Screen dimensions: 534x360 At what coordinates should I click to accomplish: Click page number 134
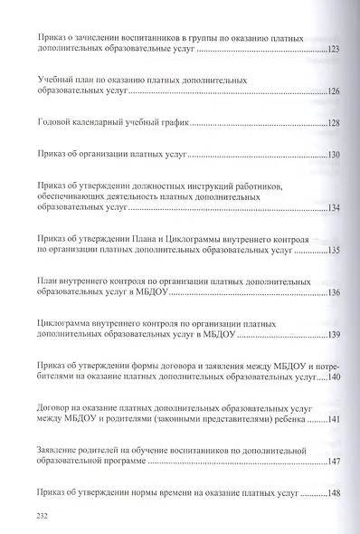click(x=332, y=209)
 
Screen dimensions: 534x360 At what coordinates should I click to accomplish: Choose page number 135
click(x=332, y=250)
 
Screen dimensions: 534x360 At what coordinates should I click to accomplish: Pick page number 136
click(x=332, y=293)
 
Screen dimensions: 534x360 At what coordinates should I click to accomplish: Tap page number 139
click(x=332, y=336)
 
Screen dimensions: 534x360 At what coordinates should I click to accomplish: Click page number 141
click(x=332, y=420)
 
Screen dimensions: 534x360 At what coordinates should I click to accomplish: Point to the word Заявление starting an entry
click(x=61, y=450)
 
